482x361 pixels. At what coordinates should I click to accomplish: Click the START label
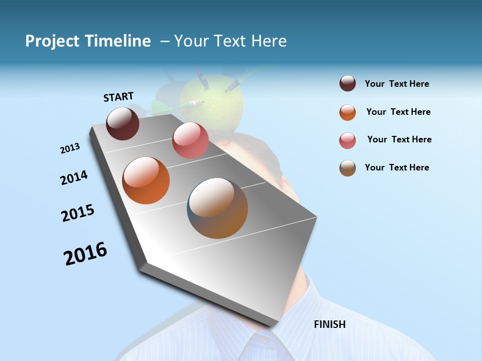118,97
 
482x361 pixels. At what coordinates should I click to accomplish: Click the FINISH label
330,324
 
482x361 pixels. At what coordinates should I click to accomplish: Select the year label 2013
70,148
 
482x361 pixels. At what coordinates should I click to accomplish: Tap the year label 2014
74,177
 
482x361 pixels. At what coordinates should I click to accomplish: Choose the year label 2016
85,254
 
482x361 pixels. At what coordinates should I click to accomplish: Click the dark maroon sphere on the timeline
123,123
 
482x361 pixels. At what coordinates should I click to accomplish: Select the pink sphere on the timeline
190,140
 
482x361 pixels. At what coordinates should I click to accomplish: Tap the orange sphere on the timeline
146,180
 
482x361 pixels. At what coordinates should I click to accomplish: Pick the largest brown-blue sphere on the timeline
217,208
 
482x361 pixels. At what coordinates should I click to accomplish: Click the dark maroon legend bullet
347,83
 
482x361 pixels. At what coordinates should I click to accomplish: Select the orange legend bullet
347,112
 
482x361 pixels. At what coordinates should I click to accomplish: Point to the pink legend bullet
347,140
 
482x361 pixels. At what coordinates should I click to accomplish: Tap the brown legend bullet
347,168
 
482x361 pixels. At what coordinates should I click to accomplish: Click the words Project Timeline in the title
88,41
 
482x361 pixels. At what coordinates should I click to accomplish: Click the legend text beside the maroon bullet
397,84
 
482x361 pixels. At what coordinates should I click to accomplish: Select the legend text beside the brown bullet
397,167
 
